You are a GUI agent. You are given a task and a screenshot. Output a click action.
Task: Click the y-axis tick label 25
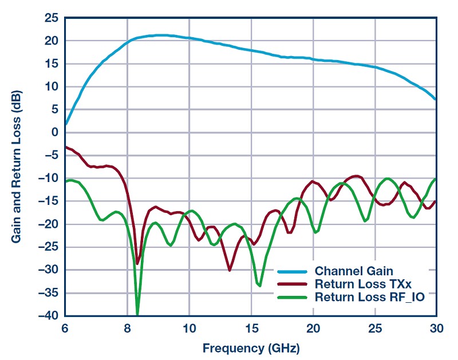[50, 18]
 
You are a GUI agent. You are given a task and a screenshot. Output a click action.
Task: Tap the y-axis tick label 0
[54, 133]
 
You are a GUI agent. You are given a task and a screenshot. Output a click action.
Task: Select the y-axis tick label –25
[48, 247]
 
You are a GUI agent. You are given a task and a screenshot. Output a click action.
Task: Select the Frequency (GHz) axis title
[251, 347]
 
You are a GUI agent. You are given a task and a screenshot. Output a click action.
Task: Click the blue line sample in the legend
[294, 271]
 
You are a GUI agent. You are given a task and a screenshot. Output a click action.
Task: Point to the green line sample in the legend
[294, 298]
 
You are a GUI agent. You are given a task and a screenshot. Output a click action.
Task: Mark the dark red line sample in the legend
[294, 284]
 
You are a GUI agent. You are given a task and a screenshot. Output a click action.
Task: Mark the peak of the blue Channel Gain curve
[160, 35]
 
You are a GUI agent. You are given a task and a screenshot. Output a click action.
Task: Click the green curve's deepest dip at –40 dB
[137, 314]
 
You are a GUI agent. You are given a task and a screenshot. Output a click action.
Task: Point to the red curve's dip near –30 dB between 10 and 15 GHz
[230, 270]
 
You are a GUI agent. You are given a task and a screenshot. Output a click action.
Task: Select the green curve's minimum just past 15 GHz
[260, 285]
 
